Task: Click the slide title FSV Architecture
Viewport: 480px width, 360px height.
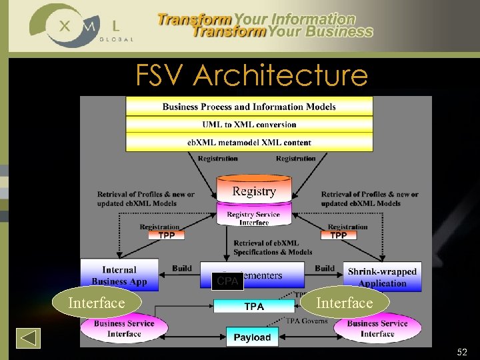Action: tap(251, 75)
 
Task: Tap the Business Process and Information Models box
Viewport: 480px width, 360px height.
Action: tap(249, 106)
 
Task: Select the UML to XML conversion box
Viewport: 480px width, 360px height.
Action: tap(249, 124)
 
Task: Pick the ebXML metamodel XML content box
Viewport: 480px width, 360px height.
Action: tap(249, 142)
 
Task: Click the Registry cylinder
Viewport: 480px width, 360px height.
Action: tap(254, 190)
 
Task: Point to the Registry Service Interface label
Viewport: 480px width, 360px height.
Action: tap(253, 218)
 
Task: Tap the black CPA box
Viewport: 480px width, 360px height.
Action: tap(227, 281)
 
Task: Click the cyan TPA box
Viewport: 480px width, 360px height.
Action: tap(254, 307)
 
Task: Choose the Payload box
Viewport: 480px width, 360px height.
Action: tap(252, 337)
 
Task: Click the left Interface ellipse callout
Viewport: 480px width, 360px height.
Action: tap(97, 303)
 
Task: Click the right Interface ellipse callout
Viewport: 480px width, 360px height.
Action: tap(344, 303)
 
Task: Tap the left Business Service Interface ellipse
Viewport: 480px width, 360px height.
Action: tap(124, 329)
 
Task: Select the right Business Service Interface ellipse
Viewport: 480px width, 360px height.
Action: tap(377, 329)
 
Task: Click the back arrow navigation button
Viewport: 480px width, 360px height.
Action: tap(28, 338)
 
